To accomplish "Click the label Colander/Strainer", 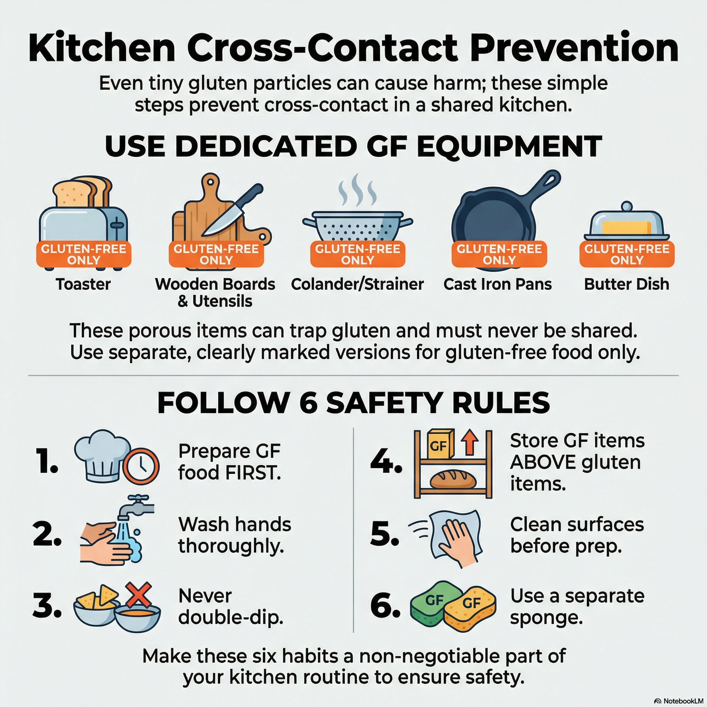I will click(357, 284).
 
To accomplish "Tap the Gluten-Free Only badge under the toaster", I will click(84, 254).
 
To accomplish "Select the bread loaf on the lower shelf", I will click(453, 480).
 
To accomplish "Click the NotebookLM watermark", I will click(681, 701).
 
